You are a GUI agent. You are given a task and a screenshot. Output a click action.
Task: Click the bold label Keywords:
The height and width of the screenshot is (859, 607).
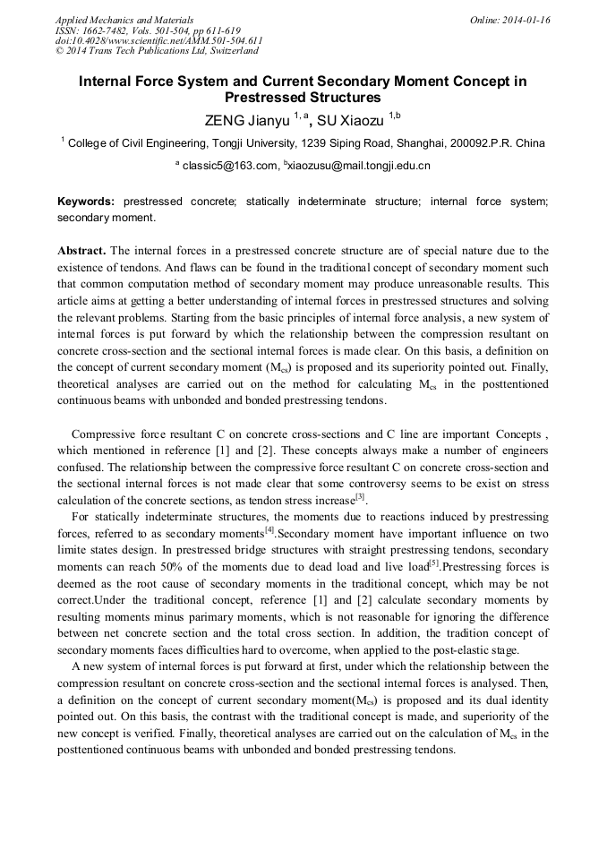point(87,202)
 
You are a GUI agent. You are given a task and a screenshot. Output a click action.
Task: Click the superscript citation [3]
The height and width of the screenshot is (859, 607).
point(360,495)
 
